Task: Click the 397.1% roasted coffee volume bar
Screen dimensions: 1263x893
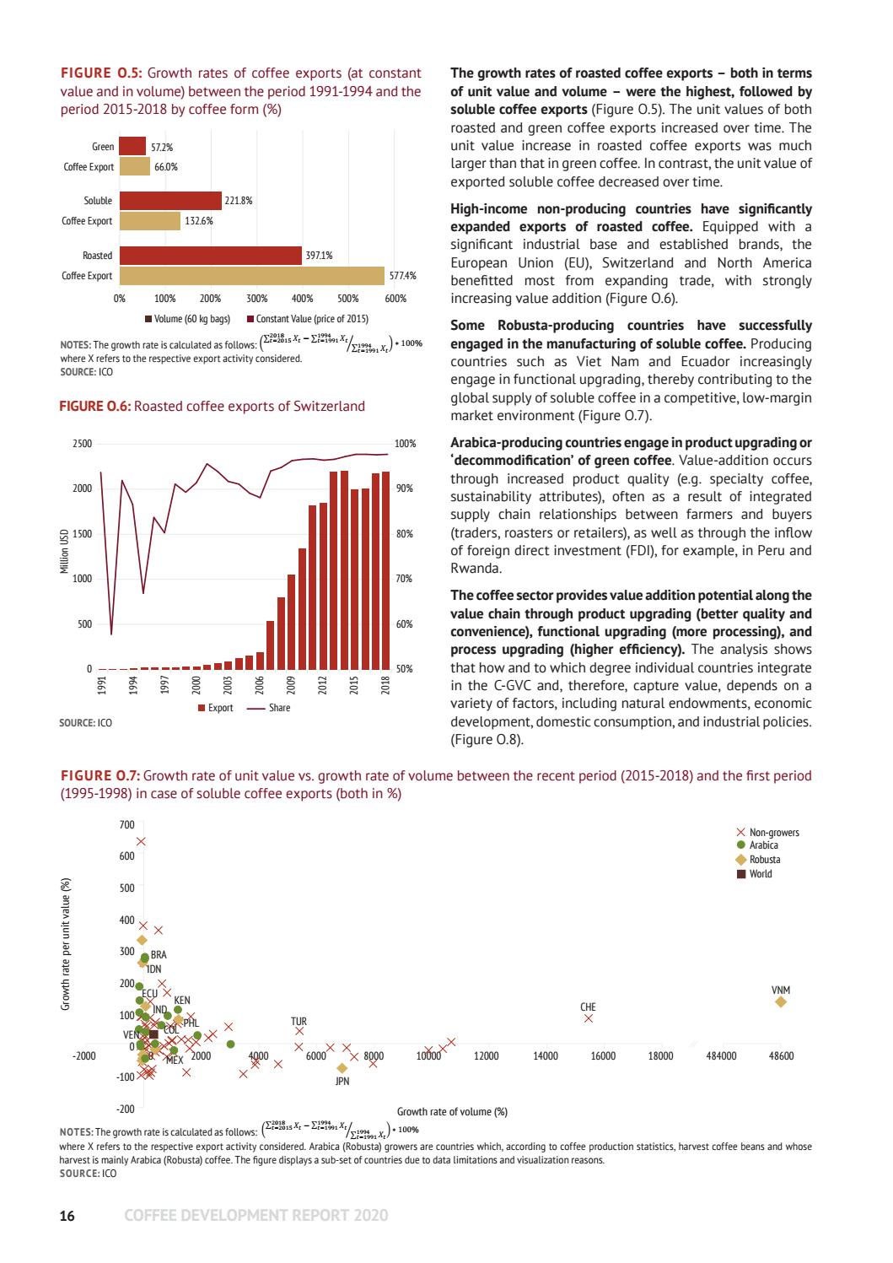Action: tap(210, 256)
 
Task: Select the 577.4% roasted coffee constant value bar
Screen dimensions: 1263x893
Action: tap(251, 276)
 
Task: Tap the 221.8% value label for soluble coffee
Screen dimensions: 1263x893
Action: tap(239, 201)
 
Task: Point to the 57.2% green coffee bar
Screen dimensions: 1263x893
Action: tap(132, 147)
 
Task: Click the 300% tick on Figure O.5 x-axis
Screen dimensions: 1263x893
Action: tap(256, 299)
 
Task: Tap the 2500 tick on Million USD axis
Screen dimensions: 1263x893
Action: tap(83, 444)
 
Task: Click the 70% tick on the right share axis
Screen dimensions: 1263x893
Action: tap(405, 580)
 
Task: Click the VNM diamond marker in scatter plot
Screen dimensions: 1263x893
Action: tap(781, 1001)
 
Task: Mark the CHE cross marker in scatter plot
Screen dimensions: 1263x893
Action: tap(589, 1018)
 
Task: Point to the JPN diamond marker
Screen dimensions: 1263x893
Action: tap(342, 1068)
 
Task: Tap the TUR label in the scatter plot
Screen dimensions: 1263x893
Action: tap(299, 1022)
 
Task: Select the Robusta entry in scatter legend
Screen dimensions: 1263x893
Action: tap(764, 860)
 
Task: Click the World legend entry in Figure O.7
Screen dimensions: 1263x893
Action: tap(760, 873)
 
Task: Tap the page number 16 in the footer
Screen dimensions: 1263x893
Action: tap(67, 1216)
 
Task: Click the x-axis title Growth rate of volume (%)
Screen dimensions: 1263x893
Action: tap(452, 1111)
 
